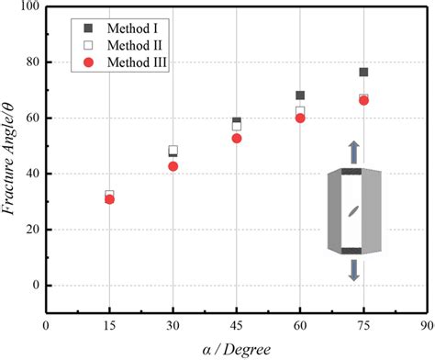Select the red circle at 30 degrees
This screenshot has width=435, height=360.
click(173, 166)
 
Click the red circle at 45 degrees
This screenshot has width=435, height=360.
click(237, 139)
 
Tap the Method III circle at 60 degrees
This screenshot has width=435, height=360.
click(300, 118)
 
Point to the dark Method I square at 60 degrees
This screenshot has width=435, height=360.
click(300, 96)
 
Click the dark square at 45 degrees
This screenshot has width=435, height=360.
click(237, 120)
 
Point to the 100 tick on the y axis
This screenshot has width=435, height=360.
click(28, 7)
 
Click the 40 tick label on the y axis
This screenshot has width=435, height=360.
click(31, 174)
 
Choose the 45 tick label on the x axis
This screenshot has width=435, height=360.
click(237, 325)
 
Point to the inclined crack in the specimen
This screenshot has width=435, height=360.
click(353, 211)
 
